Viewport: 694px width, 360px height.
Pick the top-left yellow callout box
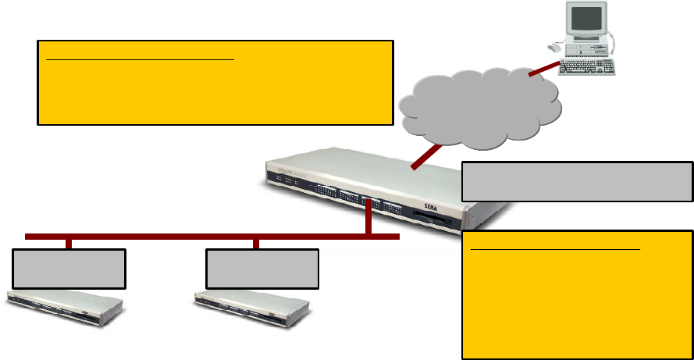215,83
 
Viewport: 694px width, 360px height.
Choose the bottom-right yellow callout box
577,294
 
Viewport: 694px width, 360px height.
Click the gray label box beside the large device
577,181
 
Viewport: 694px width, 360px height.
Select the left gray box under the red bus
69,269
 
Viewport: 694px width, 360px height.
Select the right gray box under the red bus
262,269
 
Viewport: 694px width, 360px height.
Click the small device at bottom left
66,308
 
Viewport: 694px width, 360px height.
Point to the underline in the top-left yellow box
140,59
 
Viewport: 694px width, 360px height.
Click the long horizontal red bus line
195,236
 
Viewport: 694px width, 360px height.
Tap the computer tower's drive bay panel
593,49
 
